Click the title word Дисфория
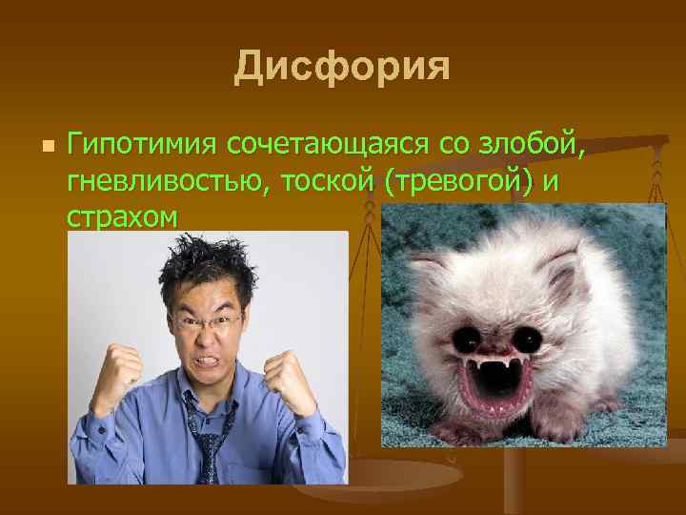click(342, 66)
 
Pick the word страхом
click(122, 216)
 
